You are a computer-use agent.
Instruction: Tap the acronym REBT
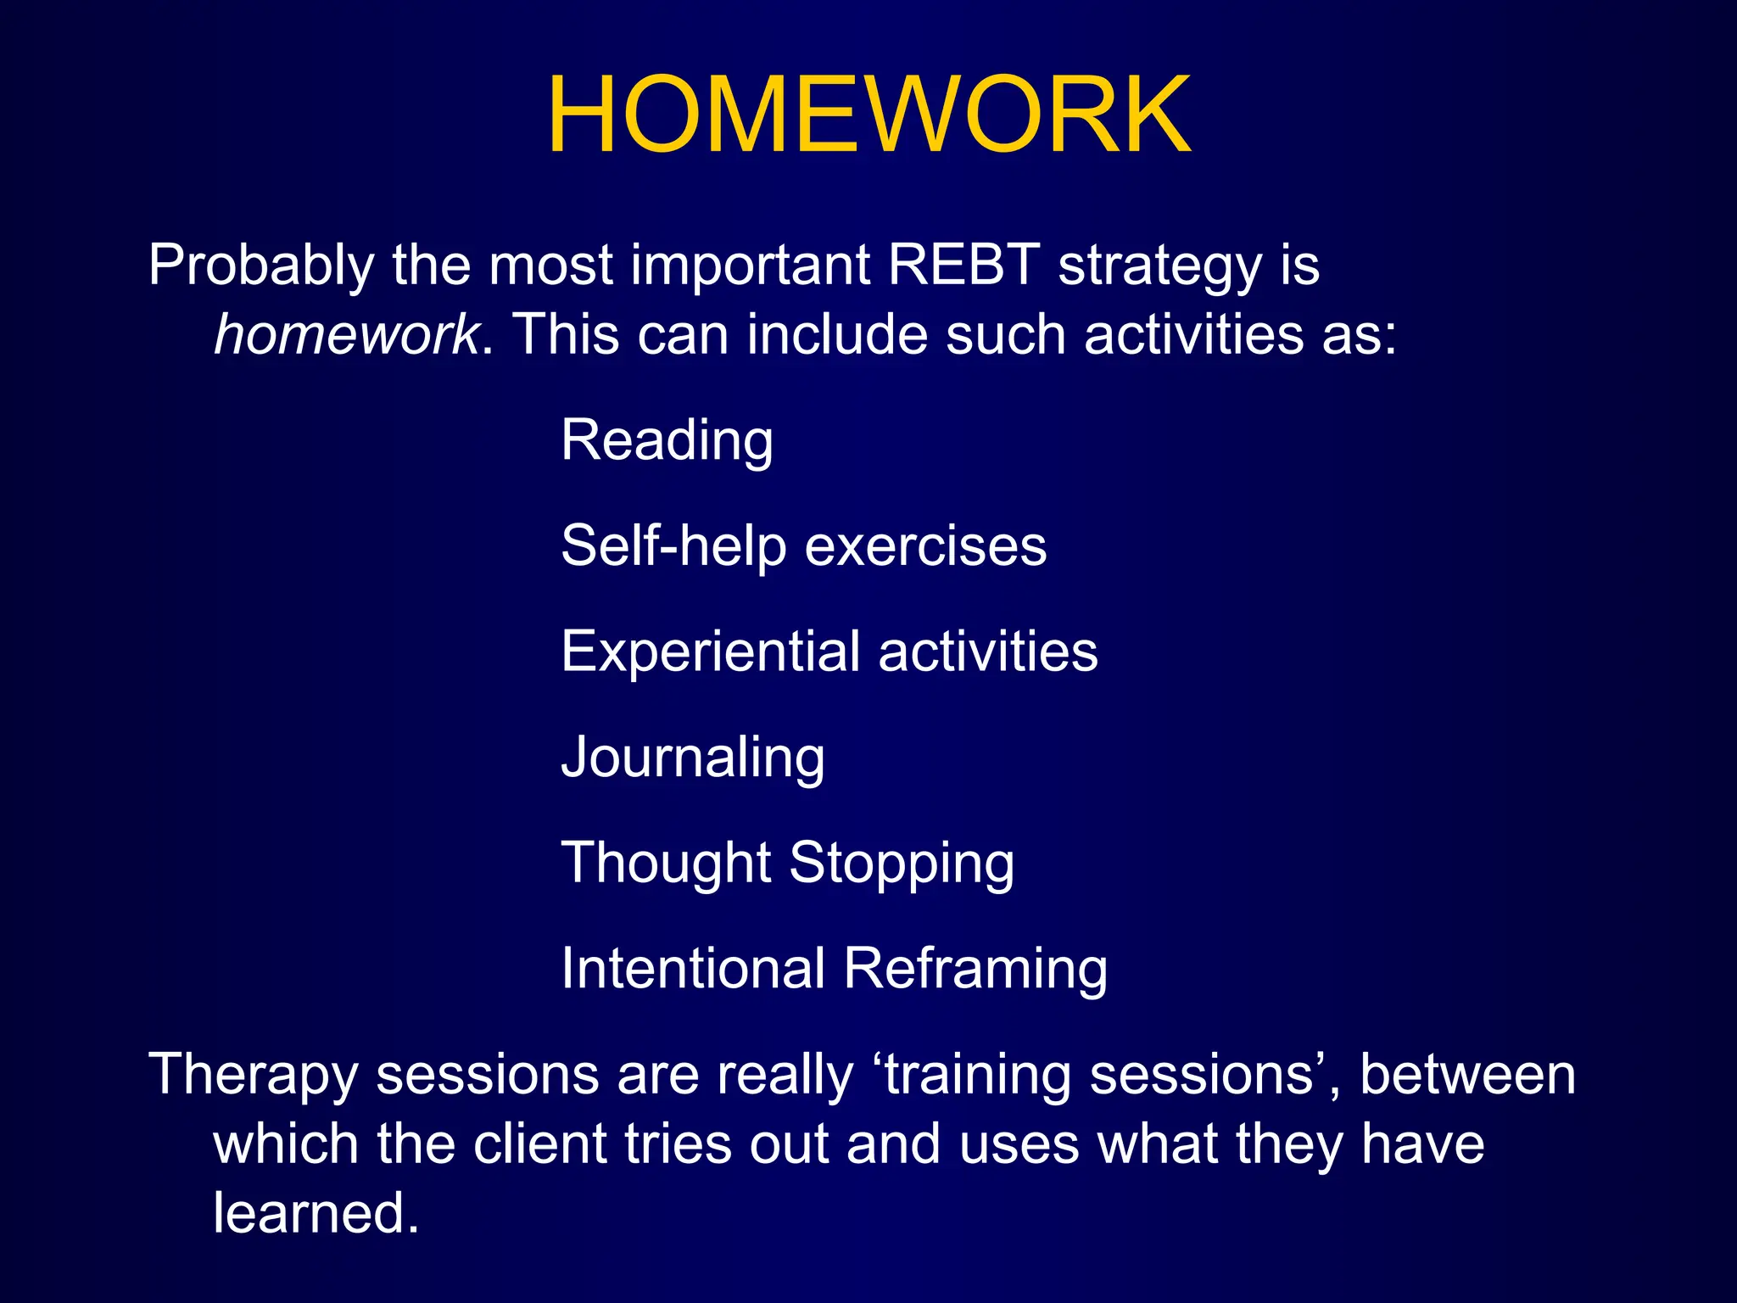click(x=963, y=265)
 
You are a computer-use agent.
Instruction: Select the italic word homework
click(x=346, y=334)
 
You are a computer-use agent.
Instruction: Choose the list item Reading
click(x=667, y=441)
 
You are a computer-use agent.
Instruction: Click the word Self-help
click(x=673, y=546)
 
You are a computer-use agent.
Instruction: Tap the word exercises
click(x=925, y=546)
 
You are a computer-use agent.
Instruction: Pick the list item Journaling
click(x=692, y=758)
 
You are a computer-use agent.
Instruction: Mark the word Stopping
click(x=902, y=864)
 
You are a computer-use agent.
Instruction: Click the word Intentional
click(x=693, y=969)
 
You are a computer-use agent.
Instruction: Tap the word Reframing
click(x=975, y=969)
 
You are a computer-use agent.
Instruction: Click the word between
click(x=1467, y=1075)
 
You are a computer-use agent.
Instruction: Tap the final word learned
click(x=316, y=1213)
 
